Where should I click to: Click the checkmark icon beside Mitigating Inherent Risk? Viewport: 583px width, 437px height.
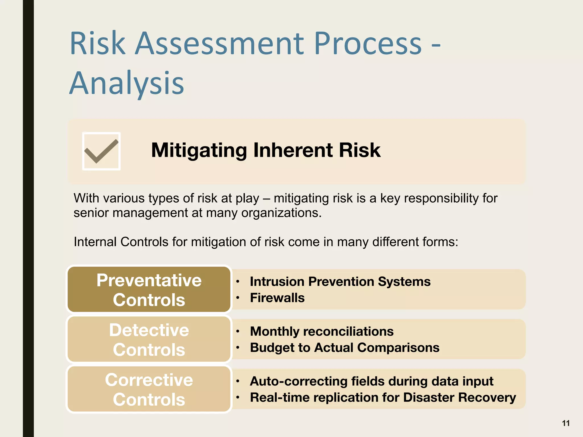point(101,151)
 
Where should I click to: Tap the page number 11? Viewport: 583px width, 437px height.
point(566,423)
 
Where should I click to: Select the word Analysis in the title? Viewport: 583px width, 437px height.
point(127,83)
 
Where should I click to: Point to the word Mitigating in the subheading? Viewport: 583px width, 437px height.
point(199,150)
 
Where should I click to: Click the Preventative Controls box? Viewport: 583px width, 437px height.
point(149,290)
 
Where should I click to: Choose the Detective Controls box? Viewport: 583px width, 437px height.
point(149,339)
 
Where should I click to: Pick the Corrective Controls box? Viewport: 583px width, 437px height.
point(149,389)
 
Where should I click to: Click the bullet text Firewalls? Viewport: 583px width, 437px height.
point(277,298)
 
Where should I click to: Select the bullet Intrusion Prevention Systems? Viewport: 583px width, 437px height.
point(340,282)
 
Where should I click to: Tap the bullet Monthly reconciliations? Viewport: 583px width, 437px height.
point(322,331)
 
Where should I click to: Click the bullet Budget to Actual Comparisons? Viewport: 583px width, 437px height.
point(344,348)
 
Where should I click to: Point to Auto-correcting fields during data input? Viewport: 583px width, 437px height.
point(371,381)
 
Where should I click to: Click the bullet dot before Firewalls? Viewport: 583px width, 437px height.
point(237,298)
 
